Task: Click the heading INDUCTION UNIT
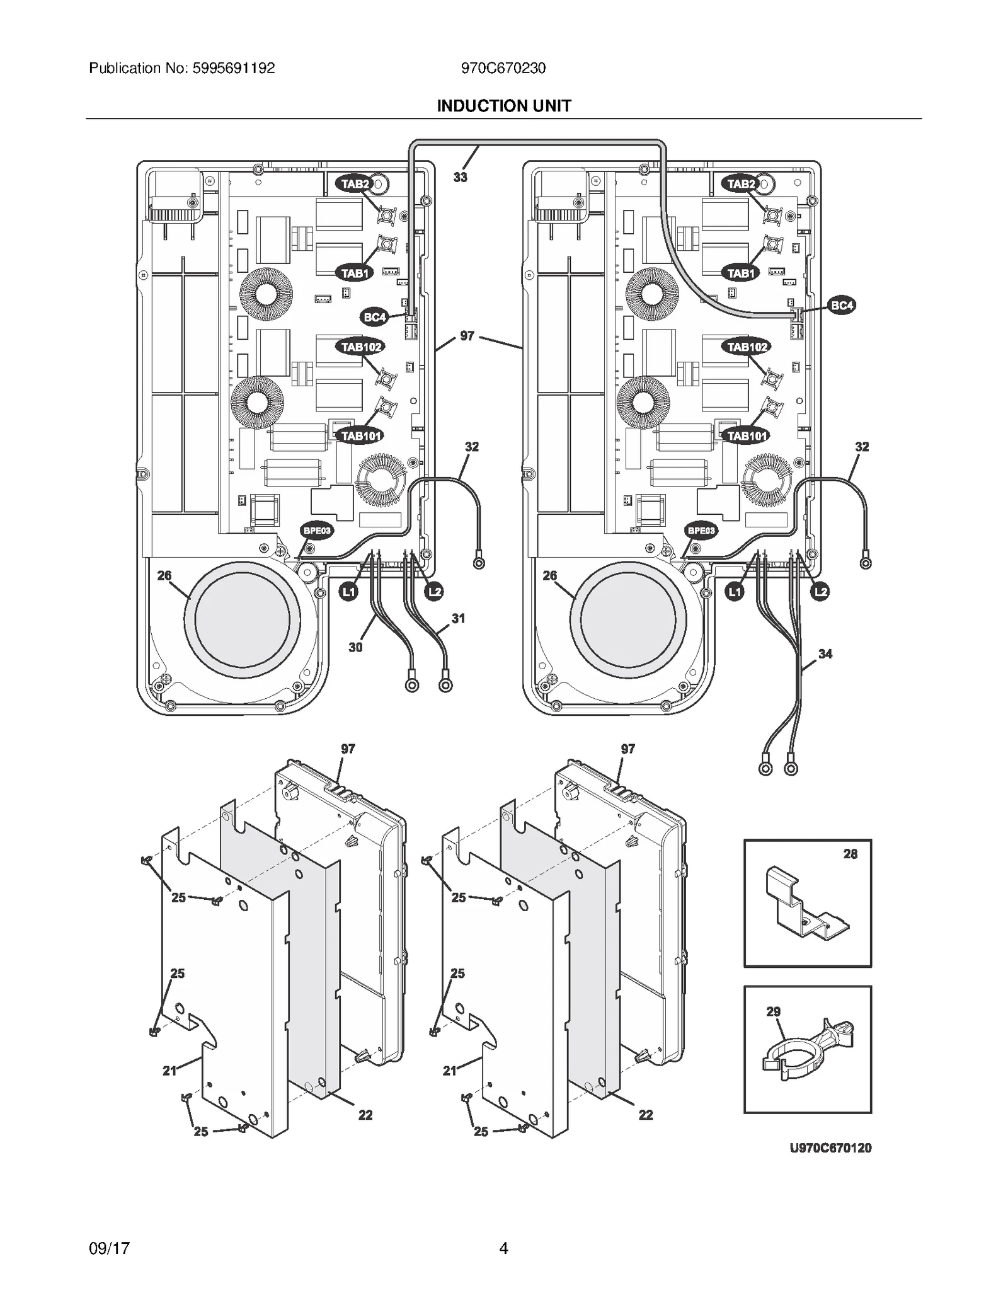[x=503, y=106]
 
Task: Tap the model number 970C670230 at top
[x=503, y=68]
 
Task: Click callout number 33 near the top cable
[x=460, y=177]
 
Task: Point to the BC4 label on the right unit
[x=842, y=306]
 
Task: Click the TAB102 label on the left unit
[x=361, y=347]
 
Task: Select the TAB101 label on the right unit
[x=747, y=435]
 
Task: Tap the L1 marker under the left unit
[x=348, y=592]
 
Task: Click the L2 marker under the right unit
[x=820, y=592]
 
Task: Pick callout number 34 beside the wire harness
[x=825, y=654]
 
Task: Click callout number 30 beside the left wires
[x=355, y=647]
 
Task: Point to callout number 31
[x=458, y=618]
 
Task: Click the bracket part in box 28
[x=806, y=904]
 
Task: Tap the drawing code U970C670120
[x=830, y=1147]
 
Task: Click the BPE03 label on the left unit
[x=317, y=531]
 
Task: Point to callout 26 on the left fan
[x=164, y=575]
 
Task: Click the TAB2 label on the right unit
[x=741, y=184]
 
